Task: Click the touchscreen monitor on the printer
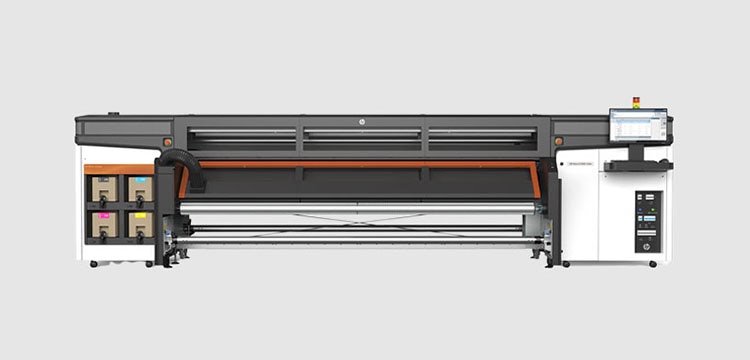(638, 126)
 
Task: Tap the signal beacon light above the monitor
(635, 102)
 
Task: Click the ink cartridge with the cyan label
(139, 188)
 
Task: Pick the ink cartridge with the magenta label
(104, 222)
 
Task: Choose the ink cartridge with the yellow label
(139, 222)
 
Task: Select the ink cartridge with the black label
(104, 188)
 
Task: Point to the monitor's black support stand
(638, 152)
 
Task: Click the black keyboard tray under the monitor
(638, 165)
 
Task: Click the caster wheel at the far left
(94, 263)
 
